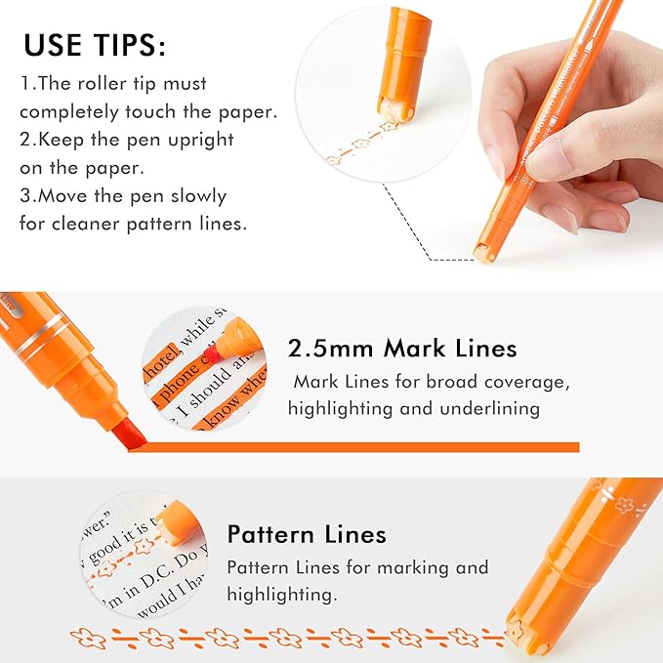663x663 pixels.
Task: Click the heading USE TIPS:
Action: click(x=95, y=45)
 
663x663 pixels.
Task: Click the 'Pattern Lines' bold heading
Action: click(x=307, y=534)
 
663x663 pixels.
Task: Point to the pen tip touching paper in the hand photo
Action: click(x=485, y=252)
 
